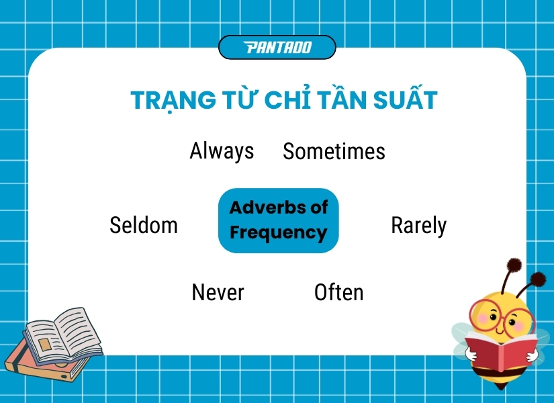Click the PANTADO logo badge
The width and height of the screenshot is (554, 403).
[x=277, y=47]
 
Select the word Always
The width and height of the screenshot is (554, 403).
[x=222, y=150]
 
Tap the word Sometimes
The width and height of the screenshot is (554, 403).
[x=334, y=152]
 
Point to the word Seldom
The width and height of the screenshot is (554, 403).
[x=144, y=225]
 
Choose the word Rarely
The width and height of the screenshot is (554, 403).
[x=418, y=226]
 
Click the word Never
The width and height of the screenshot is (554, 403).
[x=218, y=292]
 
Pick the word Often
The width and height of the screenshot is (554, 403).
[x=338, y=292]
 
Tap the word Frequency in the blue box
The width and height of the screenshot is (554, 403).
[x=278, y=233]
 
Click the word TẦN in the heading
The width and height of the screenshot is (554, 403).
[x=334, y=100]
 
